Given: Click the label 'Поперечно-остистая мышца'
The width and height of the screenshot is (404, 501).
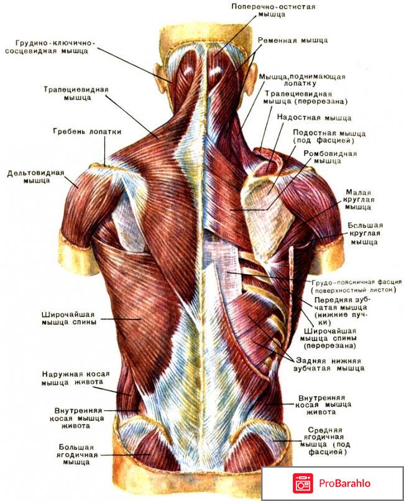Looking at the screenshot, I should pyautogui.click(x=273, y=11).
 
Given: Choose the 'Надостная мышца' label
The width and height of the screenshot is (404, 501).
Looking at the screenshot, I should pyautogui.click(x=314, y=117).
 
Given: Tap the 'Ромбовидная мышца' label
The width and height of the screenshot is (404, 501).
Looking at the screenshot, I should pyautogui.click(x=326, y=156).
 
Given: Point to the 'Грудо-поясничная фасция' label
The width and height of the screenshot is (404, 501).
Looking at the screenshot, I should pyautogui.click(x=356, y=285).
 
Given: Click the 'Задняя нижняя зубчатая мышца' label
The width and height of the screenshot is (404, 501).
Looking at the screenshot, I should pyautogui.click(x=329, y=364).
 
